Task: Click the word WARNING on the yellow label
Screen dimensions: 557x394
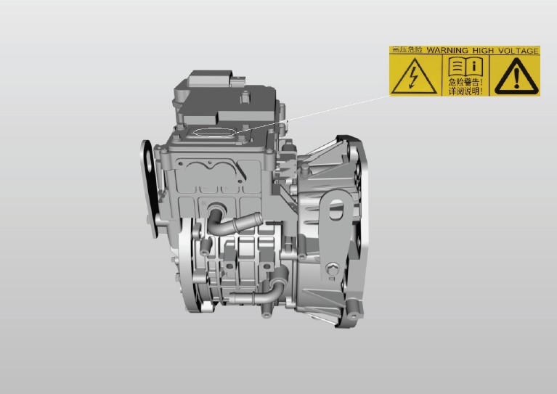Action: pyautogui.click(x=447, y=50)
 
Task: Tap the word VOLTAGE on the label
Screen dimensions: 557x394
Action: pyautogui.click(x=519, y=51)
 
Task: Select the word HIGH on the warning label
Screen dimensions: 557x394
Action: pyautogui.click(x=483, y=50)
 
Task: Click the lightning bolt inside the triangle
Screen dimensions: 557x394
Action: pyautogui.click(x=413, y=78)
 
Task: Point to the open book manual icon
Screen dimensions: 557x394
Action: pyautogui.click(x=465, y=67)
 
